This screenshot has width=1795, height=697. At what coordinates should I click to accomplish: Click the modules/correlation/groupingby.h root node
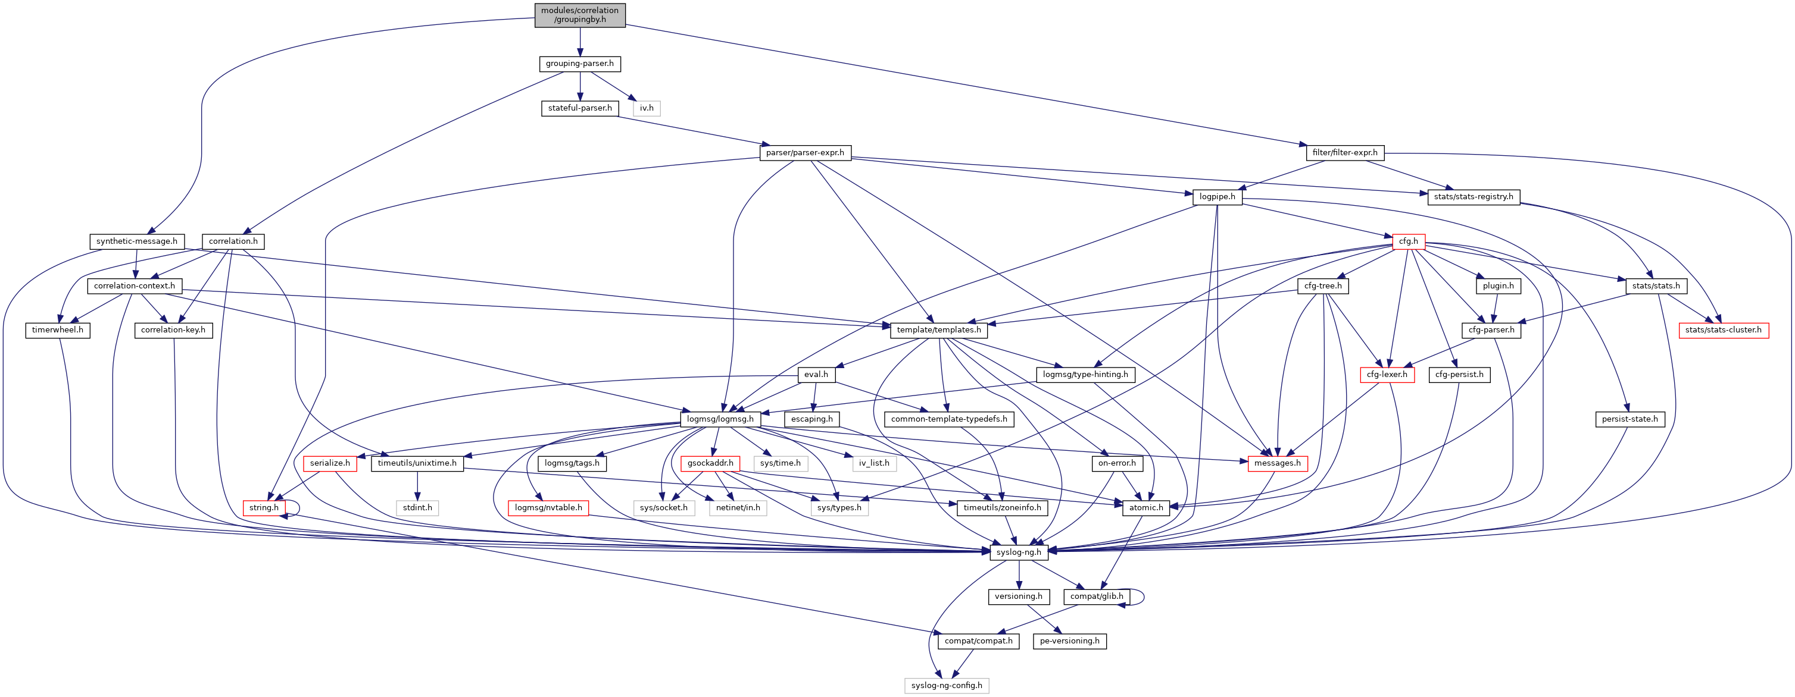580,15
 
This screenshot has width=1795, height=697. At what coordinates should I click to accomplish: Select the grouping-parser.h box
580,64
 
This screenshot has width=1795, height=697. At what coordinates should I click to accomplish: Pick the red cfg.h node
1408,241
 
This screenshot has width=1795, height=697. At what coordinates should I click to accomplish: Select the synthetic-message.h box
136,241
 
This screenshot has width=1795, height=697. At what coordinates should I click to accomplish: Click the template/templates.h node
939,330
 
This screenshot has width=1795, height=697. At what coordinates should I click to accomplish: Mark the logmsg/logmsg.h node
720,419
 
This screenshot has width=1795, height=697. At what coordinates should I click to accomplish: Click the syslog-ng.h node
1019,552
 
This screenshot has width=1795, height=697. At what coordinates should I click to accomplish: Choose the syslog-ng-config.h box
946,686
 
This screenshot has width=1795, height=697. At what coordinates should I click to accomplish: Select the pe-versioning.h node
1069,641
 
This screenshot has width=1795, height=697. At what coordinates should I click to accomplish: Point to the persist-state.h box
1629,419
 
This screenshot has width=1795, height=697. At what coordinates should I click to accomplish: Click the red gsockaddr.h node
710,464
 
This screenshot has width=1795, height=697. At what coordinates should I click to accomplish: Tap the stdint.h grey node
417,508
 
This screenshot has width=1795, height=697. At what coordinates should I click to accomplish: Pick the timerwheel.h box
57,330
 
